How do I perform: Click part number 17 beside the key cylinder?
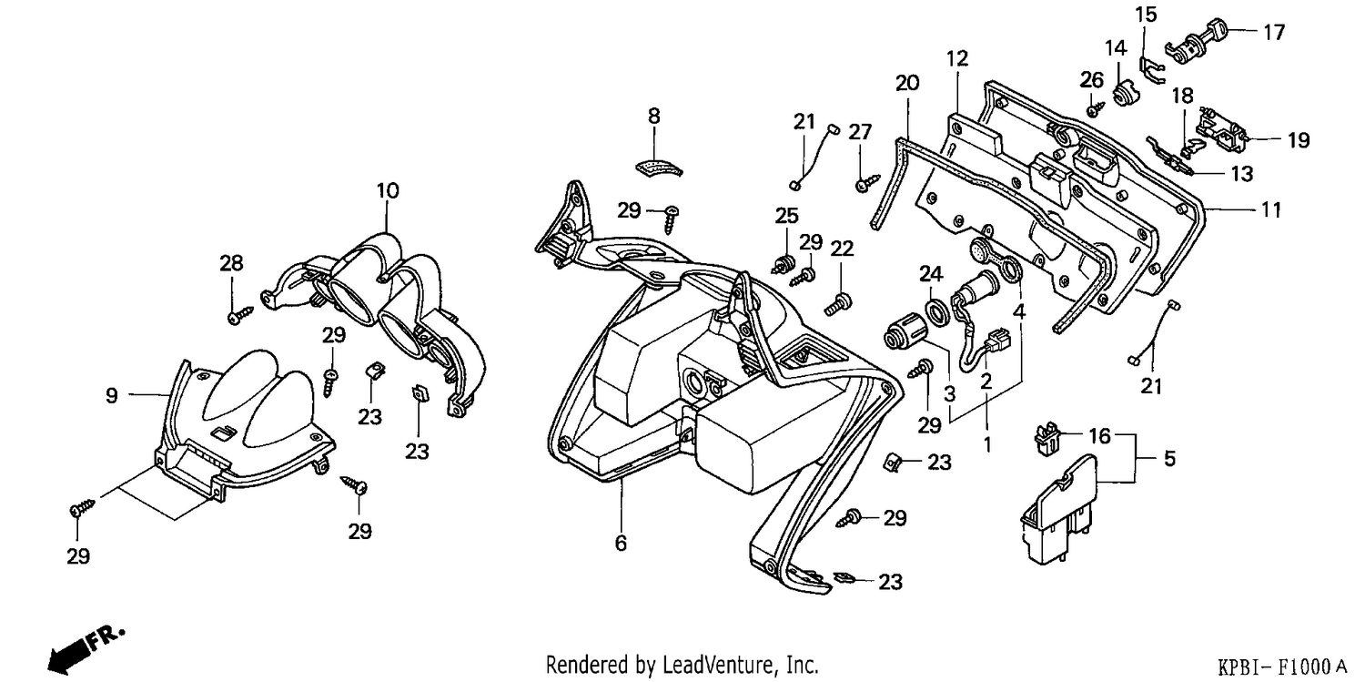tap(1273, 32)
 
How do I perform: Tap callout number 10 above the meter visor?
tap(388, 191)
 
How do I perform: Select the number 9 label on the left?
tap(112, 396)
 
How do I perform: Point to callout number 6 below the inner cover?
tap(621, 543)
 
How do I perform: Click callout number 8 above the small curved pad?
tap(654, 116)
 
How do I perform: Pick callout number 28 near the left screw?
tap(231, 263)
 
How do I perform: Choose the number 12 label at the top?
tap(957, 58)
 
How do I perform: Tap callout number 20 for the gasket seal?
tap(906, 82)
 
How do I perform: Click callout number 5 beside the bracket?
tap(1169, 458)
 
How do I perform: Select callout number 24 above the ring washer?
tap(931, 274)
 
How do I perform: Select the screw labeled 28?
tap(241, 315)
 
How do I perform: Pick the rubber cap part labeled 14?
tap(1120, 95)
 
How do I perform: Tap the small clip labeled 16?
tap(1046, 438)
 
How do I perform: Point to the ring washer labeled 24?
tap(937, 312)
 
